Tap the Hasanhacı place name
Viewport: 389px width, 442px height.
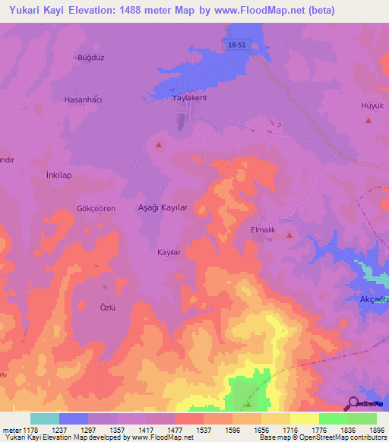83,99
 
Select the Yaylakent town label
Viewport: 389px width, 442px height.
189,99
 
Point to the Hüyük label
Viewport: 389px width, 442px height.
371,106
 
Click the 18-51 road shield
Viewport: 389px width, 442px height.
236,46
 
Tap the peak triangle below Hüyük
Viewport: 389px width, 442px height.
368,120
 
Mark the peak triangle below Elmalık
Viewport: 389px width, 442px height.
289,235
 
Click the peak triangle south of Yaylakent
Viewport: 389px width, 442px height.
159,144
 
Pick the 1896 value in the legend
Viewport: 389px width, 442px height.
377,431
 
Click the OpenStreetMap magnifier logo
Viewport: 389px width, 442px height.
352,403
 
